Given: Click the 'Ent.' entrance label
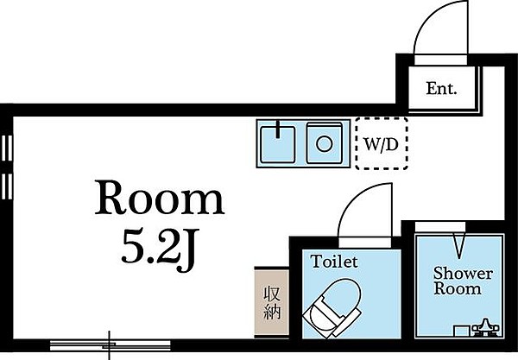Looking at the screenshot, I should (x=441, y=88).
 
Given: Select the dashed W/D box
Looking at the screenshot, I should (x=380, y=143).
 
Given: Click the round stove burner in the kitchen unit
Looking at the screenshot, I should (x=325, y=142).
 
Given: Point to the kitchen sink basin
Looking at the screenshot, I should (x=278, y=142).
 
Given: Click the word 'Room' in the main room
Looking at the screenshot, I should (x=159, y=201).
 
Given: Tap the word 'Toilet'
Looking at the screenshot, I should (x=334, y=259).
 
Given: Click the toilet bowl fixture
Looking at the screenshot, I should (x=327, y=312).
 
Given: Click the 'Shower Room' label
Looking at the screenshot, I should (x=462, y=281).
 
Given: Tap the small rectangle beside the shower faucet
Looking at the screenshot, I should (x=462, y=329).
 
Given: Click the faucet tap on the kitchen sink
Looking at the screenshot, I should (x=277, y=131).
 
